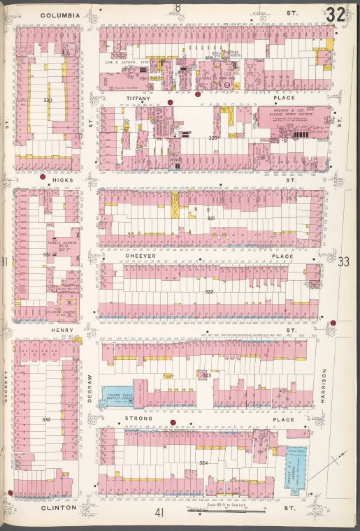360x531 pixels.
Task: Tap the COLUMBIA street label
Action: click(59, 14)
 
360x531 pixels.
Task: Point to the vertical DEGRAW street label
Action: click(90, 388)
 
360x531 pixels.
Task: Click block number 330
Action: click(47, 101)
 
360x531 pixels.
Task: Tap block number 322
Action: click(208, 291)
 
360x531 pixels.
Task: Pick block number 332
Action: click(46, 419)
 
